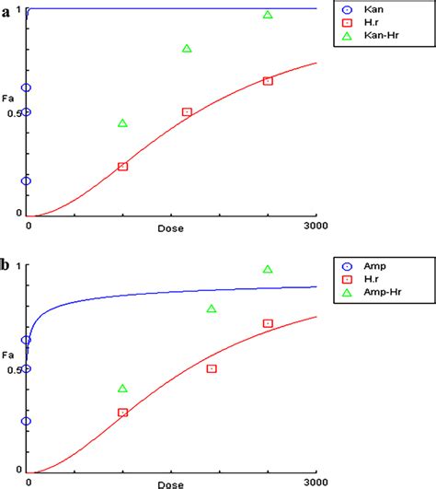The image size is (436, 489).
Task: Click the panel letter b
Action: pyautogui.click(x=6, y=266)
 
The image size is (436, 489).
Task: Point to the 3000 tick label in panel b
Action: pyautogui.click(x=315, y=481)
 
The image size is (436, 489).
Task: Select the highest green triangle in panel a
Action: pyautogui.click(x=268, y=15)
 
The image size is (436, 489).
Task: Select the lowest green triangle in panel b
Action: pyautogui.click(x=123, y=389)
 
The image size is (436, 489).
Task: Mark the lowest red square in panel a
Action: pyautogui.click(x=123, y=166)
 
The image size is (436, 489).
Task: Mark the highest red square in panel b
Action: pyautogui.click(x=268, y=323)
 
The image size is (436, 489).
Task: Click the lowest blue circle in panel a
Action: pyautogui.click(x=27, y=180)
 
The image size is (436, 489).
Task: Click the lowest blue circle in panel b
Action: pyautogui.click(x=27, y=421)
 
